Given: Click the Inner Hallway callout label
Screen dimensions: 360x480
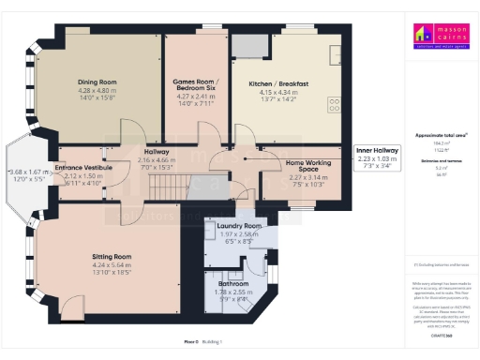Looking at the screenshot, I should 378,150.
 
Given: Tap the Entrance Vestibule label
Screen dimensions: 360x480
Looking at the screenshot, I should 83,167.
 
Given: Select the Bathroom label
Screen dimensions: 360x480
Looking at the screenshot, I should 233,283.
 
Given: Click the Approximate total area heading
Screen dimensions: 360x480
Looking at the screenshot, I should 440,135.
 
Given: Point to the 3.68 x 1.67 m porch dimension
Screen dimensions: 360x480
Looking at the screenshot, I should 26,172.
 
